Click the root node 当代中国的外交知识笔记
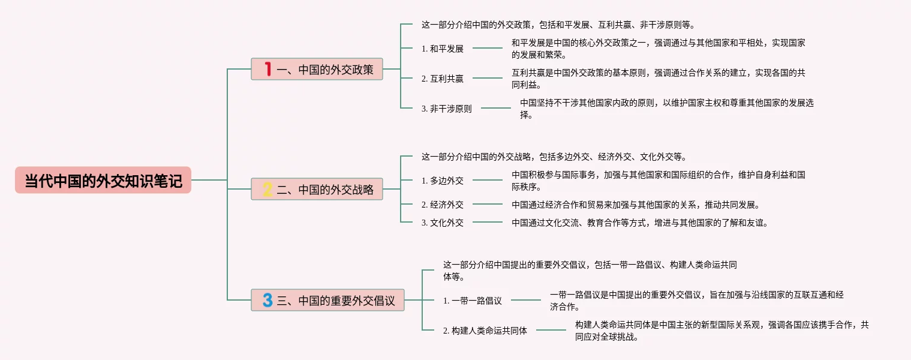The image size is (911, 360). coord(103,180)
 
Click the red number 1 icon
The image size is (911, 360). coord(268,70)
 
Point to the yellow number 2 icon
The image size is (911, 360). coord(267,190)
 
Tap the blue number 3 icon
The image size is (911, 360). coord(267,300)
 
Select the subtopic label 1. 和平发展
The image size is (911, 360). coord(443,49)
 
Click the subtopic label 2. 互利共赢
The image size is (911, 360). coord(443,79)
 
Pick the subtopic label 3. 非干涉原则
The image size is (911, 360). coord(447,109)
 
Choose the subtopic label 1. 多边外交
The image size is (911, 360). coord(443,180)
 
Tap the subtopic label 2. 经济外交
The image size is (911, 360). coord(443,205)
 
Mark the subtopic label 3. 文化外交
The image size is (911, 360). coord(443,223)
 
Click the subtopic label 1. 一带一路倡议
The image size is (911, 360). coord(473,301)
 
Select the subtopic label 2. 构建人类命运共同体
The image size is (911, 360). coord(485,330)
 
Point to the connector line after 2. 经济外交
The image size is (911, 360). coord(488,205)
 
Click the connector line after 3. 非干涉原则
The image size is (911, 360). coord(496,109)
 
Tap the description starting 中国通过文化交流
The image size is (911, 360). coord(640,223)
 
